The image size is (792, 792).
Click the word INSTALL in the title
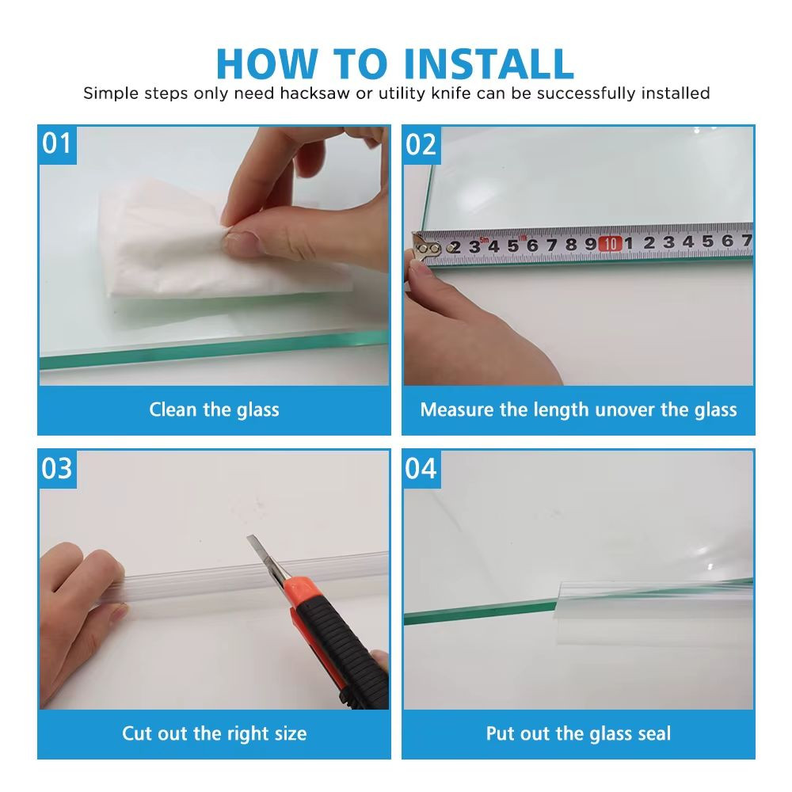489,63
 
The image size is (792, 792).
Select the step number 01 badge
57,144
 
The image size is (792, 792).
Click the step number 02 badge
421,145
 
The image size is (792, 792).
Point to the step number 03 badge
57,469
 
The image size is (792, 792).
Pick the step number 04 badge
421,469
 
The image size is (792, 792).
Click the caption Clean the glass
214,409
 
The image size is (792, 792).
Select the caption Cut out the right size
214,733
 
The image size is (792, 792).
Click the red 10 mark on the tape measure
610,244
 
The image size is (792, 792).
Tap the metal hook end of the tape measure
425,248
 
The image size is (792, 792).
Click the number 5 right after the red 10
707,242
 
